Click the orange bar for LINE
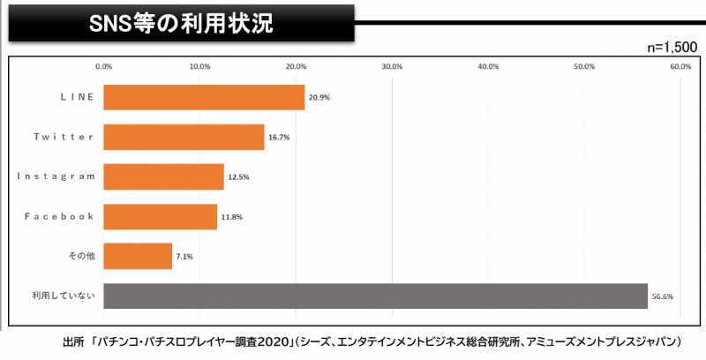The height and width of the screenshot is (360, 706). coord(204,97)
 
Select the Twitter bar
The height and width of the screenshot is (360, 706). coord(184,137)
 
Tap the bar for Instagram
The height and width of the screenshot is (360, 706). coord(163,176)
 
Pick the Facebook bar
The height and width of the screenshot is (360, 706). coord(160,216)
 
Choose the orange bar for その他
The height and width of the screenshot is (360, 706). coord(138,256)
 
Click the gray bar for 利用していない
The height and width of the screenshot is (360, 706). coord(375,296)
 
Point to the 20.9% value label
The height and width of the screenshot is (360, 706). coord(319,97)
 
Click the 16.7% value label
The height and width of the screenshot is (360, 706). coord(278,137)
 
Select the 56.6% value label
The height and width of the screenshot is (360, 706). coord(662,296)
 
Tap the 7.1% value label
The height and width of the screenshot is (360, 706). coord(184,256)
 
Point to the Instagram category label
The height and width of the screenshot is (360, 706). coord(56,176)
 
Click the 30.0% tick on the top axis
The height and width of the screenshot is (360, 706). coord(392,66)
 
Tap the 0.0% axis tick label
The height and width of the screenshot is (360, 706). coord(103,66)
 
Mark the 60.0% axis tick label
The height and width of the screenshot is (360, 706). coord(680,66)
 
